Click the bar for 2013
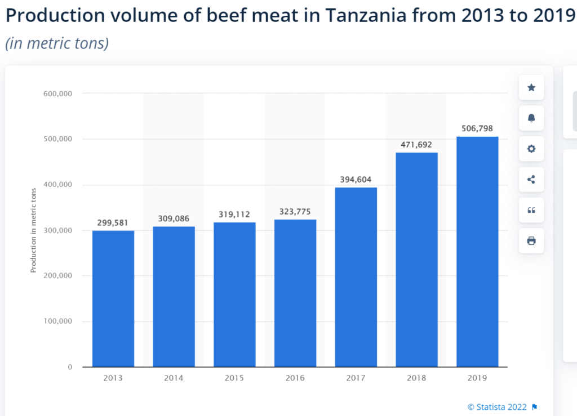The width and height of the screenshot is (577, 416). [x=113, y=298]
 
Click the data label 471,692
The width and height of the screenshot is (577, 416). [x=416, y=145]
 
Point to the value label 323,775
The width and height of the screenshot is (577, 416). [x=295, y=212]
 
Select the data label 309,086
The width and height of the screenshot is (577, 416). [x=174, y=218]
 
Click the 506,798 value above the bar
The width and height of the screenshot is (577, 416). [x=477, y=129]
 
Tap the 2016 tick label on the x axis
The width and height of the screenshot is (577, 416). [x=295, y=378]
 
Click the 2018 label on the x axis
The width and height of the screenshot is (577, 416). [x=416, y=378]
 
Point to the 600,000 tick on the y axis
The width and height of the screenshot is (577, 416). [x=57, y=93]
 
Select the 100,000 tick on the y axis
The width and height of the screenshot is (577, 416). [x=57, y=321]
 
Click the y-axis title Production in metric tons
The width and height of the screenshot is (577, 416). [x=33, y=231]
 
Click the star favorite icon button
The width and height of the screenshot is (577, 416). [x=531, y=88]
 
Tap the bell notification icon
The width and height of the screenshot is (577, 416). [x=531, y=118]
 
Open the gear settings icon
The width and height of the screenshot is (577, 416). [x=531, y=149]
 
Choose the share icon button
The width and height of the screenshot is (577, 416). [x=531, y=180]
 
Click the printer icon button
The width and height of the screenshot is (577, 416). [x=531, y=241]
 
